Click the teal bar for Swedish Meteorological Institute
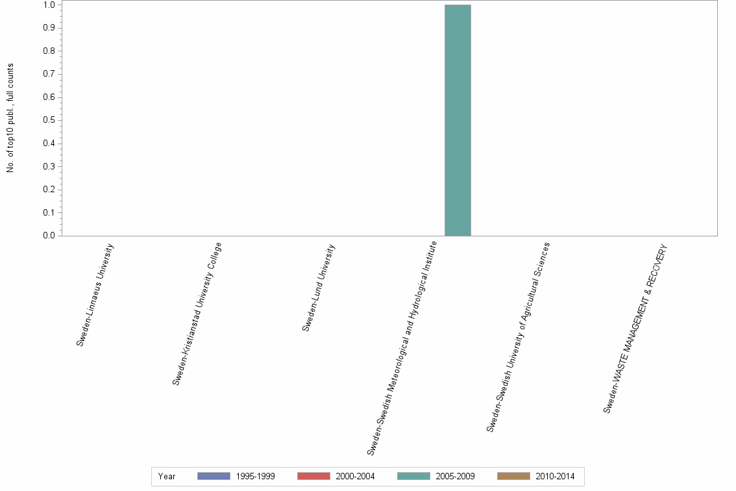click(458, 120)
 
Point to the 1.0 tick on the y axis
click(49, 5)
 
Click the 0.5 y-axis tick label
click(49, 120)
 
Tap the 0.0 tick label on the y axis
click(49, 236)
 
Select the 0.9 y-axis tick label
click(49, 28)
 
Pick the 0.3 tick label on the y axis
click(49, 166)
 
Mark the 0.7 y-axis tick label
click(49, 74)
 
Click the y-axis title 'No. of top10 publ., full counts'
click(10, 118)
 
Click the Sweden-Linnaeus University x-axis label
click(95, 295)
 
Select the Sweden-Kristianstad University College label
click(197, 314)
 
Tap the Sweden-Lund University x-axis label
click(319, 288)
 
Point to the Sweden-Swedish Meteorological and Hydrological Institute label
click(402, 347)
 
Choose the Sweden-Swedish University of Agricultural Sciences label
click(518, 336)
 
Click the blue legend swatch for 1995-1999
click(214, 476)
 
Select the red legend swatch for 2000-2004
click(313, 476)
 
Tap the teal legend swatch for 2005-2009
click(413, 476)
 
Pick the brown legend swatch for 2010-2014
click(513, 476)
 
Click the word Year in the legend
click(167, 477)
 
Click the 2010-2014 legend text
click(555, 477)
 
